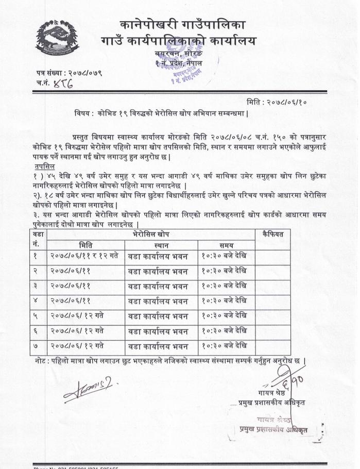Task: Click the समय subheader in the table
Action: [x=226, y=245]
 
